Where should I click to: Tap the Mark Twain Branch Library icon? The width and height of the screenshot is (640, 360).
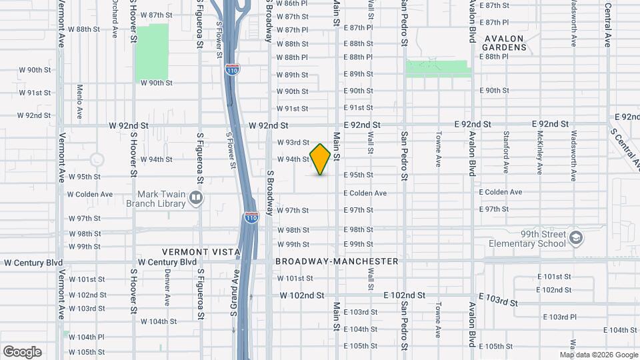(x=196, y=197)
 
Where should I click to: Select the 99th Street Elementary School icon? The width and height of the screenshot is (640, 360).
(x=575, y=237)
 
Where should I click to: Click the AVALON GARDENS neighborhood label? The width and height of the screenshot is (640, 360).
(x=505, y=43)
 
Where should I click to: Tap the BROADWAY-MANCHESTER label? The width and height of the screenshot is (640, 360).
(x=337, y=262)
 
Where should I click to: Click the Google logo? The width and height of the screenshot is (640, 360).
(x=22, y=352)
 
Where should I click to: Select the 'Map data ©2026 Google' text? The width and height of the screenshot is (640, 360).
(x=598, y=355)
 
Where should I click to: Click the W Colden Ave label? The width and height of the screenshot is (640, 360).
(x=90, y=194)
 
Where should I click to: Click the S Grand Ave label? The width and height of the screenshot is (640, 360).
(x=235, y=311)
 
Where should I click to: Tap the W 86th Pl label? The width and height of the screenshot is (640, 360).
(x=292, y=3)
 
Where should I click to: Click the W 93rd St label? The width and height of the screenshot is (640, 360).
(x=293, y=142)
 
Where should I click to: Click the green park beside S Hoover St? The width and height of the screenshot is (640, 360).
(x=152, y=53)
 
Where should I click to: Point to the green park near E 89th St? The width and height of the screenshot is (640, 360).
(x=437, y=68)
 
